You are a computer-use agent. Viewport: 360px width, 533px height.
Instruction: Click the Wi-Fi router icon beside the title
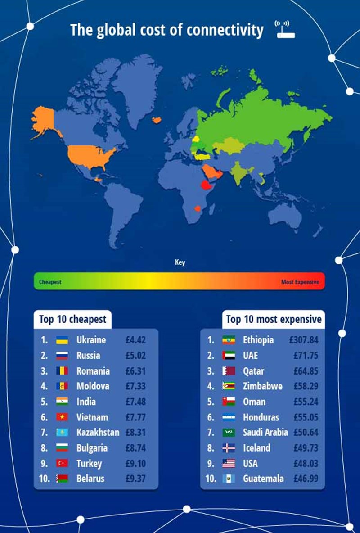click(x=285, y=29)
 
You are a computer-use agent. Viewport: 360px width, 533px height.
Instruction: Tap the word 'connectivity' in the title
click(x=225, y=30)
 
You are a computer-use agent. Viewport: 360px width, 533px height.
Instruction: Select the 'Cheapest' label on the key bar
click(x=50, y=282)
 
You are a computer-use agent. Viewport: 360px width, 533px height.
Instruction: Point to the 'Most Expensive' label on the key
click(x=300, y=282)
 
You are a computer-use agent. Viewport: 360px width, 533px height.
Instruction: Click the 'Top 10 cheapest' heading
click(x=72, y=320)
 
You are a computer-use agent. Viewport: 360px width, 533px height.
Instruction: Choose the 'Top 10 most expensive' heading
click(x=274, y=320)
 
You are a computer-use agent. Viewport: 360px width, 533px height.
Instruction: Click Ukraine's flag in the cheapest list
click(x=62, y=340)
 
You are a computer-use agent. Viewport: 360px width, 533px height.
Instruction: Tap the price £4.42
click(x=135, y=340)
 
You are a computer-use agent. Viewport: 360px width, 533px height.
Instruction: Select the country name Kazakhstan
click(x=98, y=433)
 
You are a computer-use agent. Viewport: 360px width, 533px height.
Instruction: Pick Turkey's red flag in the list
click(x=62, y=463)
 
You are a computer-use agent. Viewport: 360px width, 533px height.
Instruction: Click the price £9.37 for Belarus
click(x=135, y=479)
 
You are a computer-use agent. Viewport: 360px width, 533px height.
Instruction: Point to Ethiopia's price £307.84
click(x=304, y=340)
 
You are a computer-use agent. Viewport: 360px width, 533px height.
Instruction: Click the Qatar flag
click(x=229, y=371)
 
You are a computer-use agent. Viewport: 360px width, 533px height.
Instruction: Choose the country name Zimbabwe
click(x=263, y=386)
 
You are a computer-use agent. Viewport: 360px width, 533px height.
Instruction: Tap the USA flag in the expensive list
click(x=229, y=463)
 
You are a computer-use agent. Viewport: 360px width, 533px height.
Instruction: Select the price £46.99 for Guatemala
click(x=306, y=479)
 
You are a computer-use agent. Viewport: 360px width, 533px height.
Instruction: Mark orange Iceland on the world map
click(x=157, y=120)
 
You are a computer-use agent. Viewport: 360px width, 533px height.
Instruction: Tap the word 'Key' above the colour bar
click(x=180, y=262)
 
